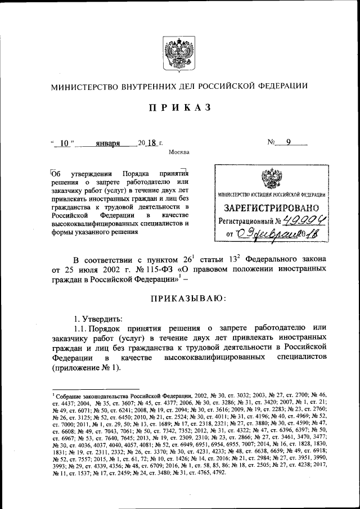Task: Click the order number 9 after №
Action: pyautogui.click(x=288, y=143)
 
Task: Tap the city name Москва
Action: pyautogui.click(x=179, y=152)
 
